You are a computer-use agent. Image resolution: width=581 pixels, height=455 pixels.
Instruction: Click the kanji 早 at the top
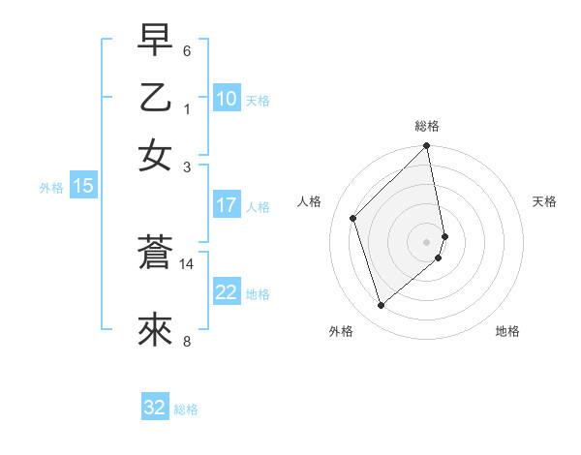pyautogui.click(x=155, y=41)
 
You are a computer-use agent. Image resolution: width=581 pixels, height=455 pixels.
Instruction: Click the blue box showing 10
pyautogui.click(x=227, y=99)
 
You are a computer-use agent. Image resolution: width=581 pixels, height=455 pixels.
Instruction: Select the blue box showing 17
pyautogui.click(x=227, y=205)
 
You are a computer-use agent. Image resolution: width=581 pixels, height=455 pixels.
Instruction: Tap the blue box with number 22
pyautogui.click(x=227, y=292)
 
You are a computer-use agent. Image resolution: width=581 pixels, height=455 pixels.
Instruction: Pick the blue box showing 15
pyautogui.click(x=82, y=186)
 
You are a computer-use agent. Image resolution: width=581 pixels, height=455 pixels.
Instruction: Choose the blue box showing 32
pyautogui.click(x=155, y=408)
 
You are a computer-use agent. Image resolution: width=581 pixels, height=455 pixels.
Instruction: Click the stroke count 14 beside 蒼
pyautogui.click(x=187, y=263)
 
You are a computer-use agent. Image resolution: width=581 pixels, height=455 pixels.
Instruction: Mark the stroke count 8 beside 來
pyautogui.click(x=187, y=341)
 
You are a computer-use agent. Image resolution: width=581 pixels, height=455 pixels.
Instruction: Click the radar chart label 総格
pyautogui.click(x=427, y=126)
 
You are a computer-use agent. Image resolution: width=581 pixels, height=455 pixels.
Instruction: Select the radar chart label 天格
pyautogui.click(x=544, y=201)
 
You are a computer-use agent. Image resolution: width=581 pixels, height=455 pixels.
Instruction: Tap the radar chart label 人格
pyautogui.click(x=310, y=201)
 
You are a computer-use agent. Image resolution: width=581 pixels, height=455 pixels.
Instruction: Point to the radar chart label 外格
pyautogui.click(x=341, y=331)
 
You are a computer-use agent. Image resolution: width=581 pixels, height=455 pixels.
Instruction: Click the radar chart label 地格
pyautogui.click(x=507, y=331)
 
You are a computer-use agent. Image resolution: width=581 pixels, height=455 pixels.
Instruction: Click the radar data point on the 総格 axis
pyautogui.click(x=427, y=147)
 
